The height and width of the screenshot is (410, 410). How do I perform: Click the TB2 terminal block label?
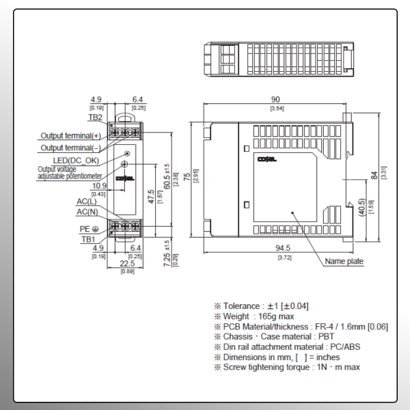point(96,117)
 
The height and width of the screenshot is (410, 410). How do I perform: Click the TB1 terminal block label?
point(88,239)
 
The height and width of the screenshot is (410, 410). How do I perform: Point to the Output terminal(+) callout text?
point(70,136)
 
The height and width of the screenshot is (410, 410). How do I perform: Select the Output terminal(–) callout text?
point(70,148)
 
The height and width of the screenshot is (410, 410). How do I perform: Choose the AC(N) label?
point(87,213)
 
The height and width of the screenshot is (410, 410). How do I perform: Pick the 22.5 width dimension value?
point(127,264)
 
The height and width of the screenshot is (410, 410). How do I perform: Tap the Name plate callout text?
point(344,261)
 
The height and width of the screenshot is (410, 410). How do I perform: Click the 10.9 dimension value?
point(99,186)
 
